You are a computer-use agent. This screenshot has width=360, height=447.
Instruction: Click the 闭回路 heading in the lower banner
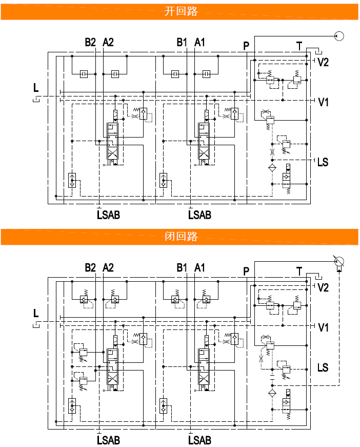point(181,237)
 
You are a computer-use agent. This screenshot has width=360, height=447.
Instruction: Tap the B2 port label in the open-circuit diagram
point(90,43)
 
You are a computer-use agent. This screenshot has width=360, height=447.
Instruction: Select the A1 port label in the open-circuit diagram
point(199,43)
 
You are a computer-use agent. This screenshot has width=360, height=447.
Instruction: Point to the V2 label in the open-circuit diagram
point(323,62)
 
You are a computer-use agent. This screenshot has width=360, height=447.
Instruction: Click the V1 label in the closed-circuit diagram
point(323,327)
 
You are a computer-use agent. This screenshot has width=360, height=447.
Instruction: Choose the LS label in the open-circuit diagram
point(323,163)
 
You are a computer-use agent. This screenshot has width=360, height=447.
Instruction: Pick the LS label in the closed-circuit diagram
point(323,367)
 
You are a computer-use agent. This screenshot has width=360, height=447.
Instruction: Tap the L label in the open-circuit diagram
point(36,88)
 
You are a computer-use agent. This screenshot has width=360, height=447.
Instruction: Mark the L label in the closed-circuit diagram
point(36,313)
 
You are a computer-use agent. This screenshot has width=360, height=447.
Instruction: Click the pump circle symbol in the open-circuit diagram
point(338,36)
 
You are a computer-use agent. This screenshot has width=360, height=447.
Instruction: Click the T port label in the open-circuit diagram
point(299,46)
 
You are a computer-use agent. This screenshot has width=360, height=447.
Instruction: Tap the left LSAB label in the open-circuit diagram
point(108,215)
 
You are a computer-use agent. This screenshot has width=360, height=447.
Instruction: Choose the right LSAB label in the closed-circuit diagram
point(199,440)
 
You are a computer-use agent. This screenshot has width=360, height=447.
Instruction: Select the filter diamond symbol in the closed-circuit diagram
point(272,393)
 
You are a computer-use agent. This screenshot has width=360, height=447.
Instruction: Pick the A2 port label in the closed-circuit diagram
point(108,267)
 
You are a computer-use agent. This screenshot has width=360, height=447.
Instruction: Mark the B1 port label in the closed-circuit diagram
point(182,267)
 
